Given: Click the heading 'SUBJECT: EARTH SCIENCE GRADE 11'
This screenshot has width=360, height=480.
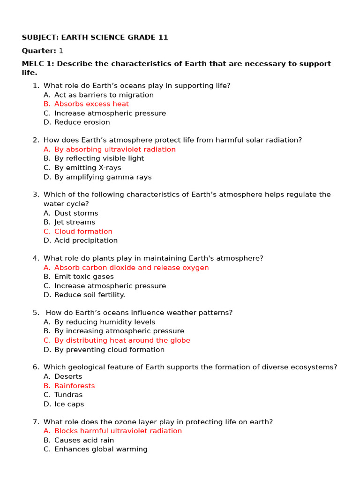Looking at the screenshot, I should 95,37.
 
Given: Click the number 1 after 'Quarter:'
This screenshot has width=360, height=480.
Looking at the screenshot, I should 61,51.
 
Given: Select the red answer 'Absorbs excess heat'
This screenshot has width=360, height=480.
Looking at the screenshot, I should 91,104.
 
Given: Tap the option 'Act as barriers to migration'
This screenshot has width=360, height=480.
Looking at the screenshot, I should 104,95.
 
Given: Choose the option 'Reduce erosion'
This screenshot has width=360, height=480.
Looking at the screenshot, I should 82,122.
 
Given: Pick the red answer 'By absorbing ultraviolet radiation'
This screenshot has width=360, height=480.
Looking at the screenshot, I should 115,150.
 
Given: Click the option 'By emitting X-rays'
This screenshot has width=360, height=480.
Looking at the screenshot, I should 88,168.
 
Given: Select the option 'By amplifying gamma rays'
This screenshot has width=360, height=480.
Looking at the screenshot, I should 103,177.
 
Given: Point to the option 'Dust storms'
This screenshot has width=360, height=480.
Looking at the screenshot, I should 76,213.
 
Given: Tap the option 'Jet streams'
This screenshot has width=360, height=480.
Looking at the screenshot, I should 75,222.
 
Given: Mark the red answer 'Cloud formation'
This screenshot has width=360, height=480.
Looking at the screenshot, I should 83,232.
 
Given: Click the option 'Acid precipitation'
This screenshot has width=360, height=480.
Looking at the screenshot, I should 86,240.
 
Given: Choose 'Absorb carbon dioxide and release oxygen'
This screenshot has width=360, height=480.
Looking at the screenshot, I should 131,268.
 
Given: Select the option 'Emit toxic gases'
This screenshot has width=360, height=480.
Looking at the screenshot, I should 84,277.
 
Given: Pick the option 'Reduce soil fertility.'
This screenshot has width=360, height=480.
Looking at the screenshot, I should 90,295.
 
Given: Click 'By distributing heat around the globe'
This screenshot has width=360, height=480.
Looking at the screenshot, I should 122,340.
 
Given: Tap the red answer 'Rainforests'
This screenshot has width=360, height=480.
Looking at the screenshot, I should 75,386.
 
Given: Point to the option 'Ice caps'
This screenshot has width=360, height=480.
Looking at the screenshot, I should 69,404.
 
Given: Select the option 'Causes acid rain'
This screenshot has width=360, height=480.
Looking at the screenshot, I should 84,440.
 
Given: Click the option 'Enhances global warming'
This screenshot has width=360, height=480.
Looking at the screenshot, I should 101,449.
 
